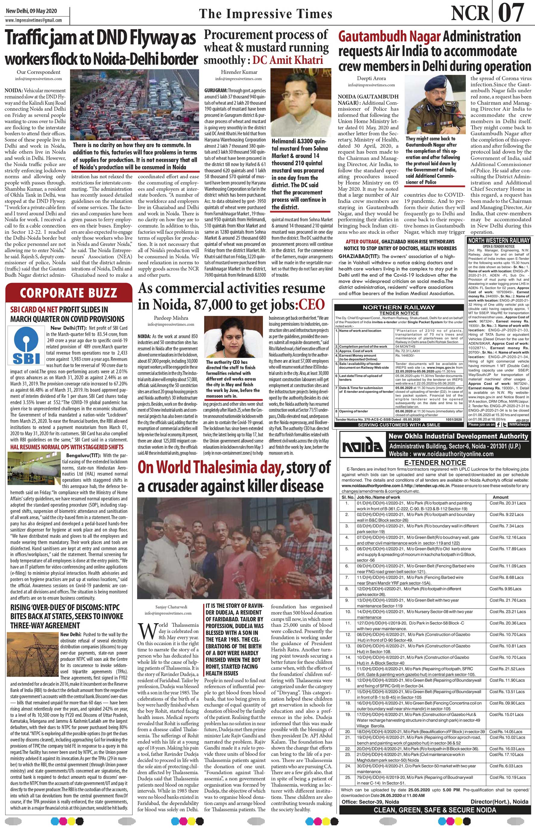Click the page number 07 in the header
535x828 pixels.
point(511,13)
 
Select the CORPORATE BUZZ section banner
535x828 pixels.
point(68,293)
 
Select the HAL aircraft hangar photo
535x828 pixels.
point(34,468)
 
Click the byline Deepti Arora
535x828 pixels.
point(371,78)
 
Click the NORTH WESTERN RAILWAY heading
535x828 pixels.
point(499,240)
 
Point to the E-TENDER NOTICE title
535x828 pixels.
point(435,463)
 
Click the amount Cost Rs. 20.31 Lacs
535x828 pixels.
point(507,503)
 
